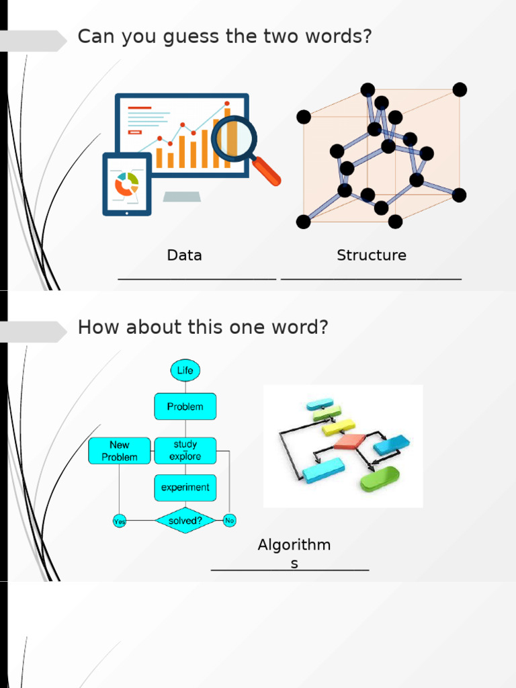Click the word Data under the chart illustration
[x=184, y=255]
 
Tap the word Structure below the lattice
[x=372, y=255]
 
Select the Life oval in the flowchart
[x=185, y=370]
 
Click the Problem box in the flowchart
[x=185, y=406]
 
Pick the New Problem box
[x=119, y=451]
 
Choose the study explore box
[x=185, y=451]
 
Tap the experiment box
[x=185, y=488]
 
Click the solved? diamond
[x=185, y=521]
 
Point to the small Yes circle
[x=119, y=521]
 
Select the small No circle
[x=229, y=520]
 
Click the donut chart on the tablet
[x=126, y=183]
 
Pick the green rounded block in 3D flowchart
[x=380, y=479]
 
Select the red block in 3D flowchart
[x=349, y=441]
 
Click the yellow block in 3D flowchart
[x=338, y=427]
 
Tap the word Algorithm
[x=294, y=545]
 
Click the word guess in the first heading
[x=167, y=36]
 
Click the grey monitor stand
[x=181, y=196]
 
